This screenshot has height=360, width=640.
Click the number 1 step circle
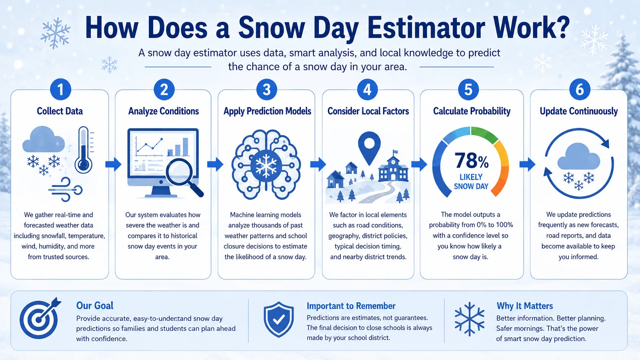pyautogui.click(x=60, y=90)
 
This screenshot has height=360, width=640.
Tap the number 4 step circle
pyautogui.click(x=367, y=90)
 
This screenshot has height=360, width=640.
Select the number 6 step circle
pyautogui.click(x=580, y=90)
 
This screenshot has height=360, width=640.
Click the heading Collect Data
pyautogui.click(x=60, y=111)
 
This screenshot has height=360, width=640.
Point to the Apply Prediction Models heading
pyautogui.click(x=267, y=111)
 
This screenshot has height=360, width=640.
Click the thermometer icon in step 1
pyautogui.click(x=83, y=150)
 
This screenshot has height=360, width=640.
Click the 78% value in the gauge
pyautogui.click(x=471, y=161)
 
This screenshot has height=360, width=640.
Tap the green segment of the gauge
pyautogui.click(x=484, y=134)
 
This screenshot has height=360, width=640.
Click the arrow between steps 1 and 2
pyautogui.click(x=113, y=164)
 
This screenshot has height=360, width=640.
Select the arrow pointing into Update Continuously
pyautogui.click(x=527, y=164)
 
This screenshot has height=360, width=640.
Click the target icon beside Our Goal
pyautogui.click(x=39, y=319)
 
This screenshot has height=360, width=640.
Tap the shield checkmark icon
pyautogui.click(x=279, y=319)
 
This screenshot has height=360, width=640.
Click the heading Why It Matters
pyautogui.click(x=524, y=306)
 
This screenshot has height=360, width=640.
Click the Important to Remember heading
pyautogui.click(x=351, y=306)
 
